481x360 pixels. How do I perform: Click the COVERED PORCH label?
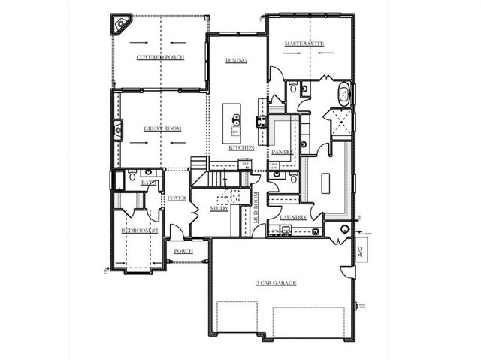(160, 57)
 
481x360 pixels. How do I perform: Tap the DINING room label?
(237, 61)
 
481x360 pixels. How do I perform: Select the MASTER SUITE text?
(304, 44)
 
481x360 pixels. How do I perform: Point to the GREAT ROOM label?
(163, 129)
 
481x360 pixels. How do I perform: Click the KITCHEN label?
(241, 148)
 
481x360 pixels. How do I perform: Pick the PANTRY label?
(292, 151)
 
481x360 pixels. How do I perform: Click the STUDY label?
(219, 208)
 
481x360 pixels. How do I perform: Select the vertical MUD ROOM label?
(256, 208)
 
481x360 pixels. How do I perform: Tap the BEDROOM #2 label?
(139, 231)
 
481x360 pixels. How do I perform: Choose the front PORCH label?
(183, 251)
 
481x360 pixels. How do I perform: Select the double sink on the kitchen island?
(235, 118)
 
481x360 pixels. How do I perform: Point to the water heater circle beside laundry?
(345, 229)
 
